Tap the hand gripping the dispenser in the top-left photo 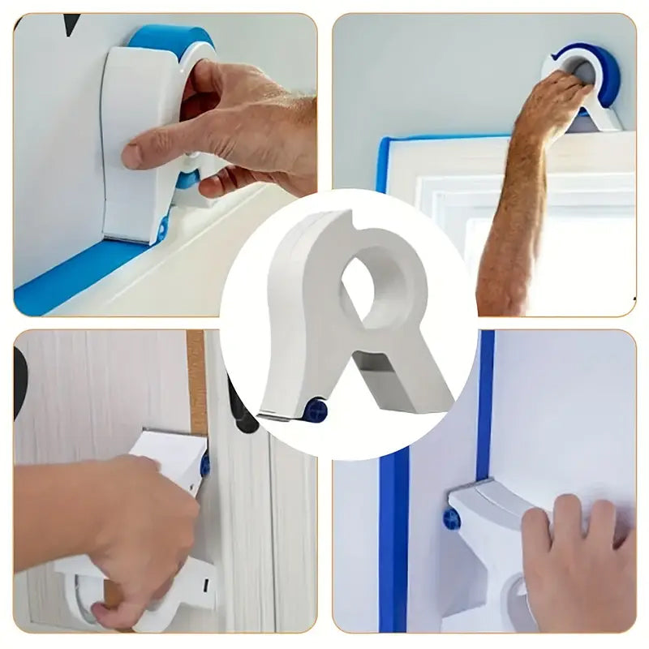pyautogui.click(x=235, y=130)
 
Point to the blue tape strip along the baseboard pyautogui.click(x=73, y=276)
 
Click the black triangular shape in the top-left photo pyautogui.click(x=72, y=24)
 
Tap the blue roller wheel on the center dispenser pyautogui.click(x=316, y=410)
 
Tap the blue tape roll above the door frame pyautogui.click(x=604, y=69)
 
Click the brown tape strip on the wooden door pyautogui.click(x=196, y=373)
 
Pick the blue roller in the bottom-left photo pyautogui.click(x=205, y=465)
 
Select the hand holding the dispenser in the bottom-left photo pyautogui.click(x=146, y=527)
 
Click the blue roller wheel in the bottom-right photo pyautogui.click(x=452, y=518)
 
